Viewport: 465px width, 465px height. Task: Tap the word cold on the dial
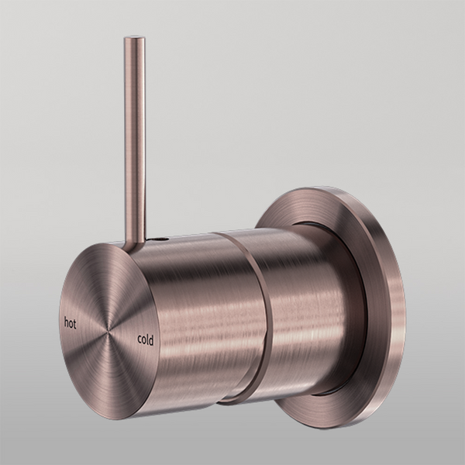146,339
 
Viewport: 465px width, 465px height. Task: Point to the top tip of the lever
134,39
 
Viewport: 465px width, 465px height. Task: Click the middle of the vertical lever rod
135,139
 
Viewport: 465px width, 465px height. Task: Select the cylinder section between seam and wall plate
302,310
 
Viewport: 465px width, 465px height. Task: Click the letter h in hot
65,320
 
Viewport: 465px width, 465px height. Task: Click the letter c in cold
139,339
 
